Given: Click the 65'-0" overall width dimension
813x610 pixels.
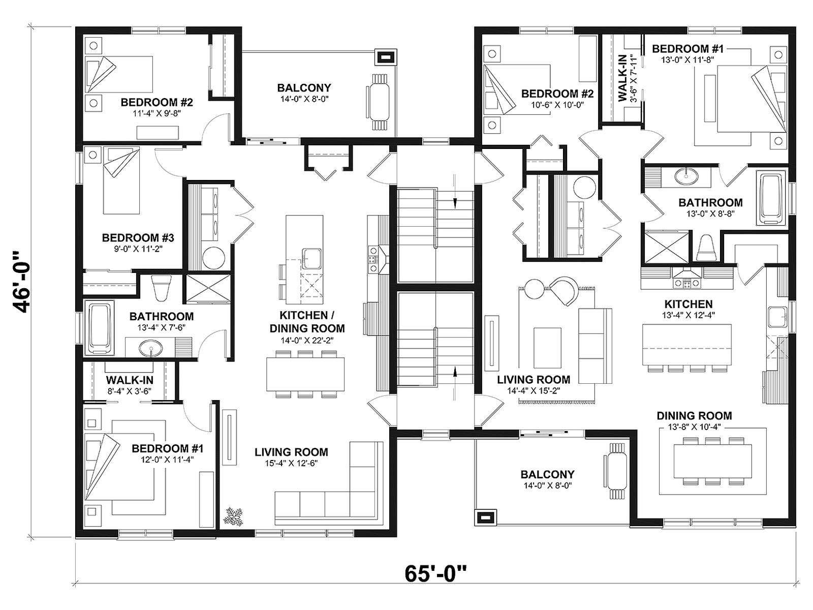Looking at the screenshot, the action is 435,573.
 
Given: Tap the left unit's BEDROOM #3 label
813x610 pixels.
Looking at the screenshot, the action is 138,237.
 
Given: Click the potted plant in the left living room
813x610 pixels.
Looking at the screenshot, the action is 234,516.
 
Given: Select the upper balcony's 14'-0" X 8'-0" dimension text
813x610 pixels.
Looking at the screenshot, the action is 304,99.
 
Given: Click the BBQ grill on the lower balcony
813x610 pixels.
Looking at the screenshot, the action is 486,516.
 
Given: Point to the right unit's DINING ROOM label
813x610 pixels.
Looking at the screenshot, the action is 695,415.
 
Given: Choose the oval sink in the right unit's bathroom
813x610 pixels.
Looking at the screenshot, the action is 687,176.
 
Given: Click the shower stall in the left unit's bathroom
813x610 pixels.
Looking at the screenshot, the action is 207,288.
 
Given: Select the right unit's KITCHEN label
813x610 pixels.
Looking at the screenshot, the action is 688,304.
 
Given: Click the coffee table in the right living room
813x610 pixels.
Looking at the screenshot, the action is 547,347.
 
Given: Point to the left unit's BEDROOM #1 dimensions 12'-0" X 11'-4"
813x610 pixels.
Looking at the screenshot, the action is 167,460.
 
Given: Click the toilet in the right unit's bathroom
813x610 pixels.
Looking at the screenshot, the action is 706,248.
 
